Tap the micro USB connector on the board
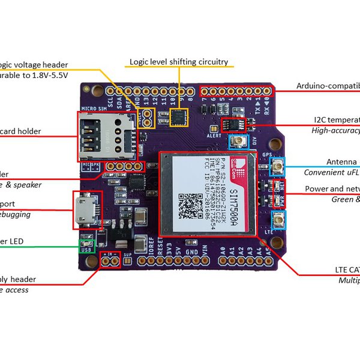pos(85,210)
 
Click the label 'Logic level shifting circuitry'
pos(179,61)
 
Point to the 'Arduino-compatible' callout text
pos(328,86)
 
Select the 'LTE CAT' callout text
pos(347,270)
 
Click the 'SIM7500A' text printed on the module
pos(235,198)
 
